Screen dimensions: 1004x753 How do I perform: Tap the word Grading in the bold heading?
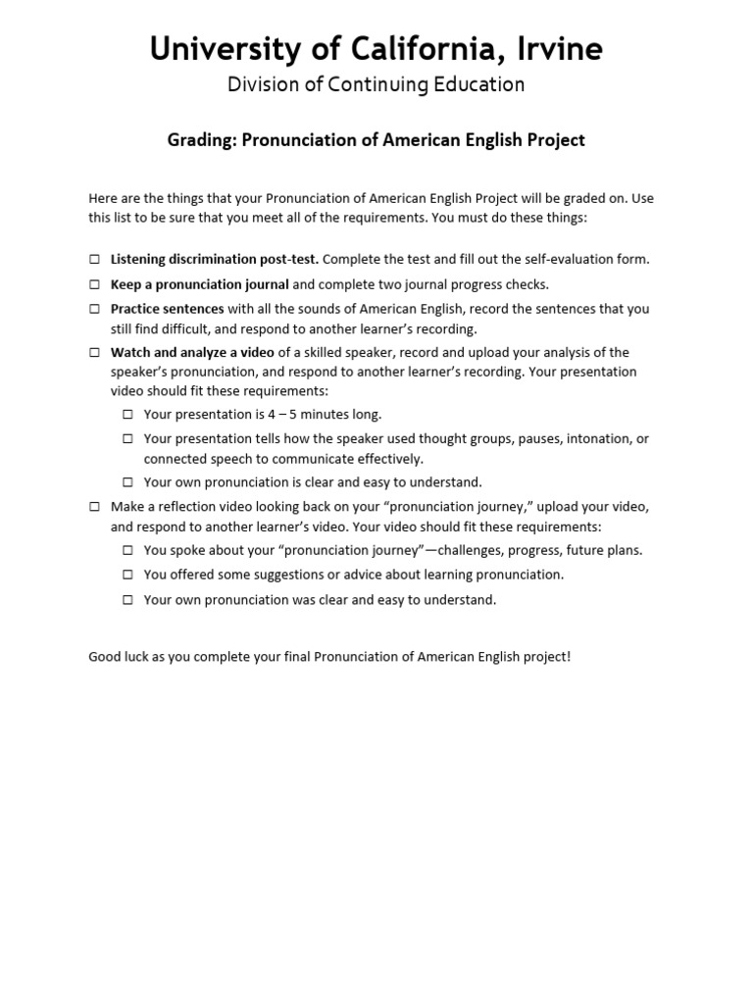point(198,140)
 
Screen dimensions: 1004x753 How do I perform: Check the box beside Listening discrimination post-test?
point(95,260)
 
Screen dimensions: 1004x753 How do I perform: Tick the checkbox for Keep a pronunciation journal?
point(95,284)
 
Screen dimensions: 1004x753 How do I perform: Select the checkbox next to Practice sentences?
point(95,309)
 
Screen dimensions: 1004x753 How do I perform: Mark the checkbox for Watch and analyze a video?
point(95,352)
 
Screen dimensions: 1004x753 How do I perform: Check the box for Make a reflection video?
point(95,507)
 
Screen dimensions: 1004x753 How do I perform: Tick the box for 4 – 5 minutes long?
point(128,415)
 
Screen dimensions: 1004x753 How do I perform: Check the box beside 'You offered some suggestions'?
point(128,575)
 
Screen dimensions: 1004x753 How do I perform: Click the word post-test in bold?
point(290,260)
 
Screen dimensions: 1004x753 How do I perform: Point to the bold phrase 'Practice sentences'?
point(167,309)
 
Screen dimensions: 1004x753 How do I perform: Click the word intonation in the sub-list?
point(598,439)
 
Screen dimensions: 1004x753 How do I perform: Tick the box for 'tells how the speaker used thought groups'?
point(128,439)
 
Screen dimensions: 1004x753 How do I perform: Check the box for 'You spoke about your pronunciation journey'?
point(128,550)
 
